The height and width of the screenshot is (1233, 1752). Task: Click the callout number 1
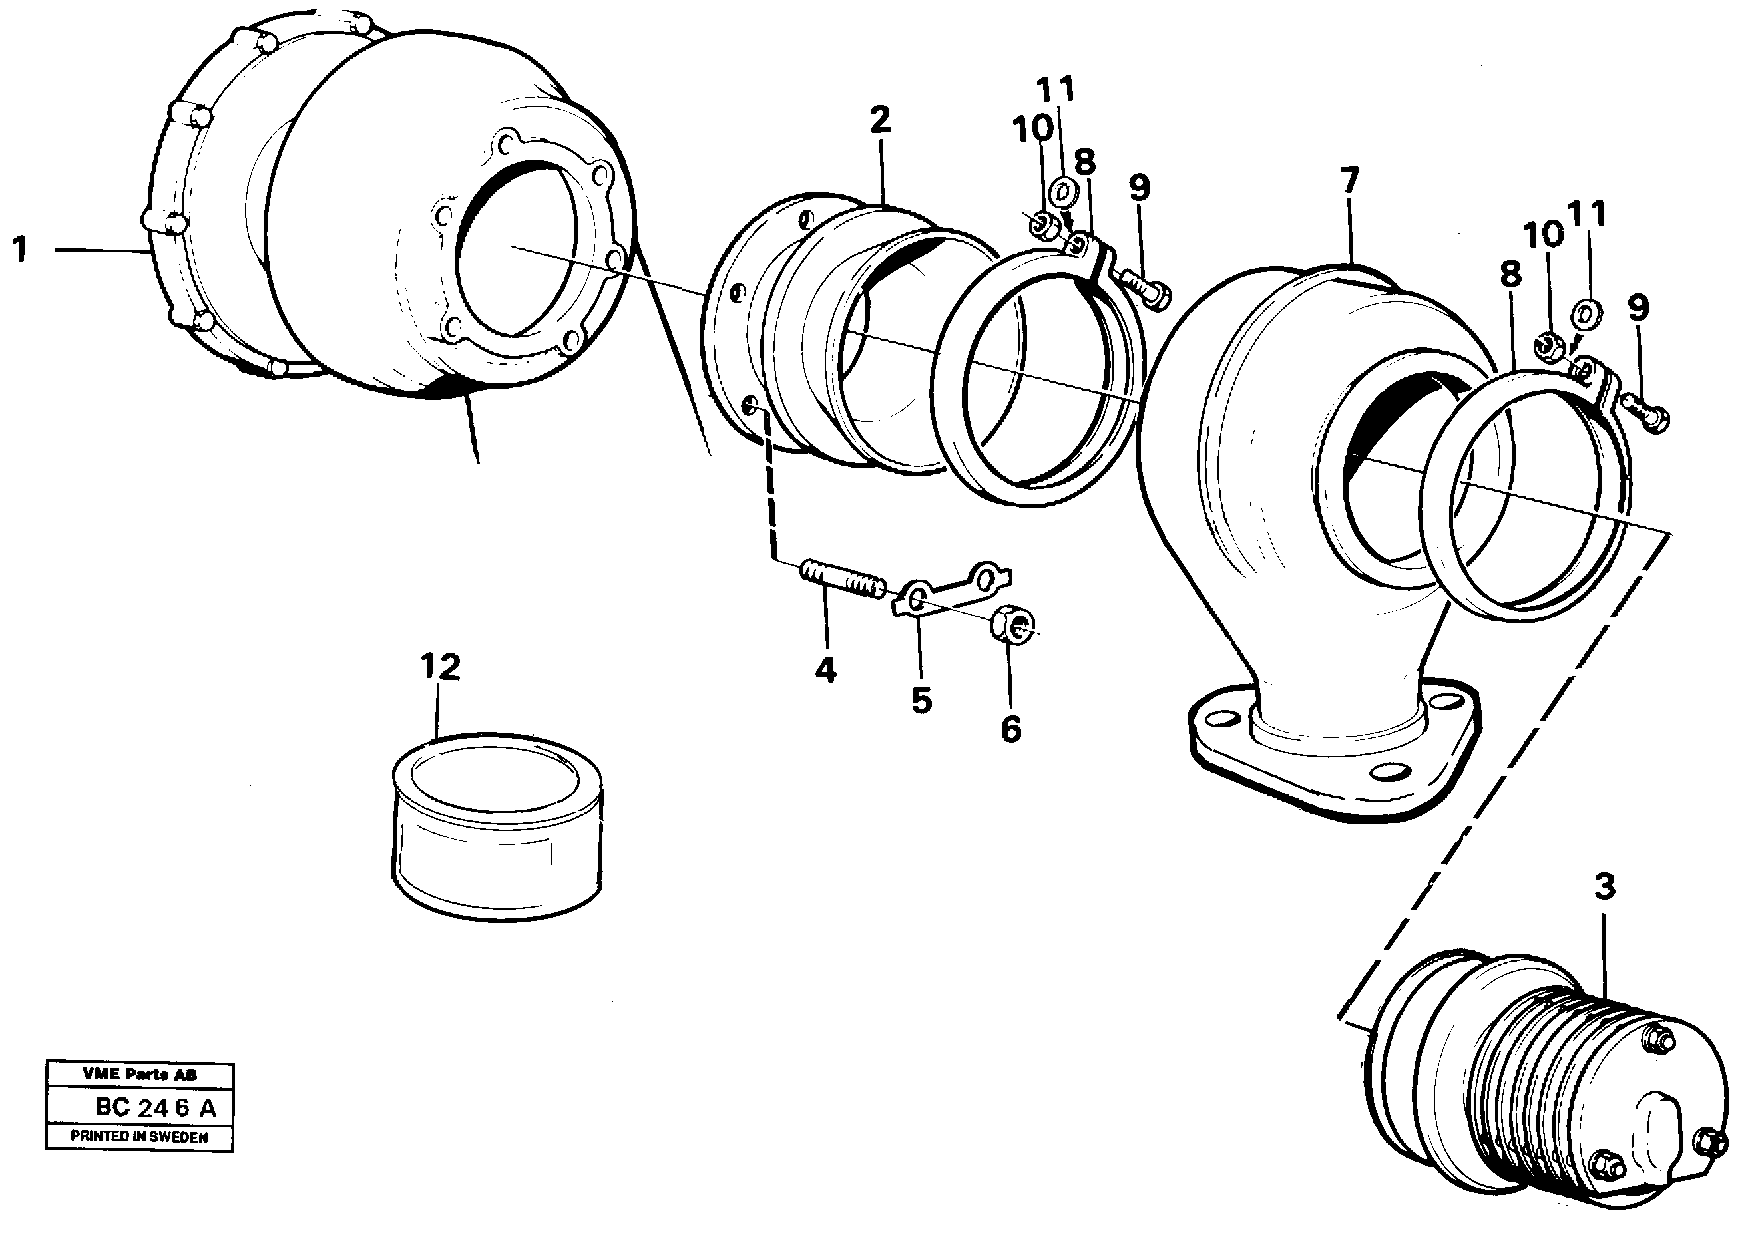(x=21, y=250)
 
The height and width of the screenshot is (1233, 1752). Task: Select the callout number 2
(x=879, y=120)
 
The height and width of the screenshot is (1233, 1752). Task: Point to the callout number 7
(x=1349, y=182)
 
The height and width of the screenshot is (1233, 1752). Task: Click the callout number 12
(x=440, y=667)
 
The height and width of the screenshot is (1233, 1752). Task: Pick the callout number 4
(x=825, y=671)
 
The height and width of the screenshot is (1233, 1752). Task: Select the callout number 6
(x=1010, y=729)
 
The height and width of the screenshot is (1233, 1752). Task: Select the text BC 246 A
(x=155, y=1107)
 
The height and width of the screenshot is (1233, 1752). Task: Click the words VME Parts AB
(x=140, y=1074)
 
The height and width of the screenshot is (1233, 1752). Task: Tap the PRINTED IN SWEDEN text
(x=139, y=1136)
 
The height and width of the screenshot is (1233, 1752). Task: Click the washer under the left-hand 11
(x=1062, y=191)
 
